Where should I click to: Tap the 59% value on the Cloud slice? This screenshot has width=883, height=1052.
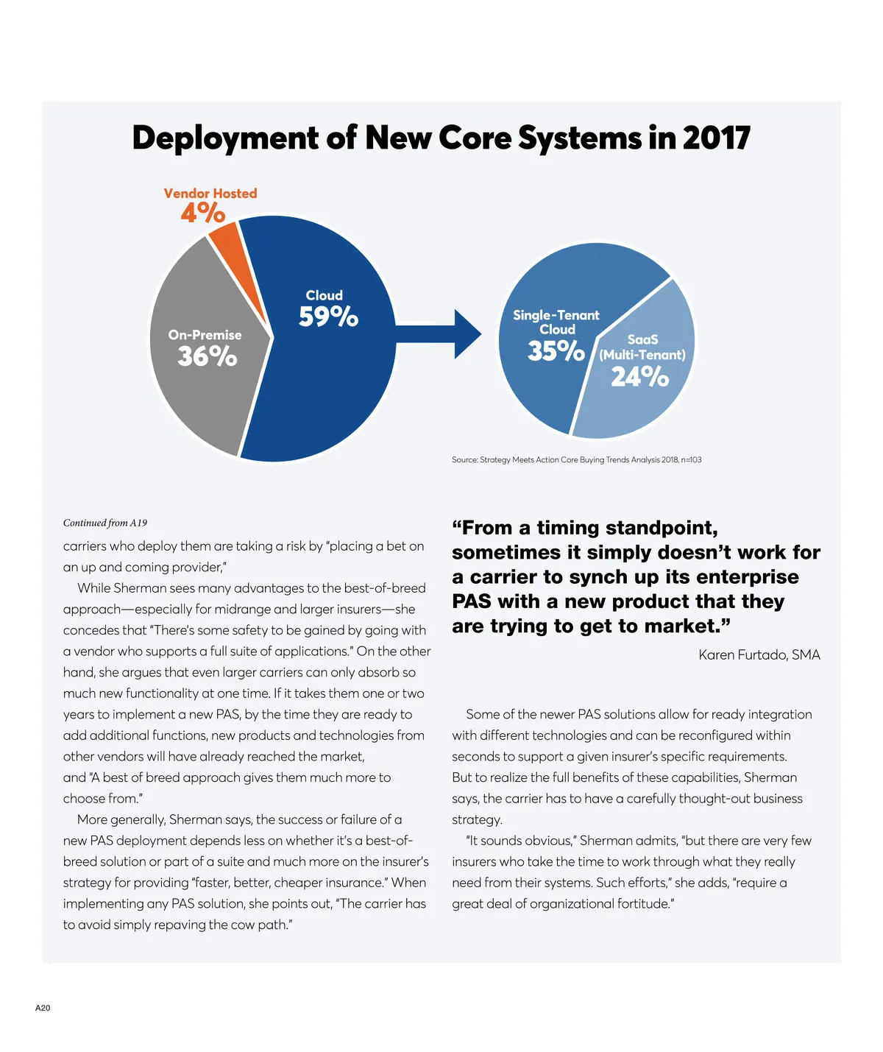click(x=328, y=317)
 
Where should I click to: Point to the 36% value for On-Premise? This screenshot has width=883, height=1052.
click(x=207, y=356)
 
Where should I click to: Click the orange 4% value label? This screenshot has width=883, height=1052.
click(x=202, y=213)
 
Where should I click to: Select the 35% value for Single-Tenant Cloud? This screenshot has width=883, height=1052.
click(x=556, y=350)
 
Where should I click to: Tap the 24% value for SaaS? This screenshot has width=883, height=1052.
click(x=639, y=377)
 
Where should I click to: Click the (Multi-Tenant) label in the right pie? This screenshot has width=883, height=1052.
click(x=642, y=355)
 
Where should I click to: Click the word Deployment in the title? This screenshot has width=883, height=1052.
click(x=224, y=138)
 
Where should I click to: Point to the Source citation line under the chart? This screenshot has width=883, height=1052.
click(x=576, y=459)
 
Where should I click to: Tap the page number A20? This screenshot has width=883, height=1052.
click(x=43, y=1008)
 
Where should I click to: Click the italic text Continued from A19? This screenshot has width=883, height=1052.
click(x=105, y=523)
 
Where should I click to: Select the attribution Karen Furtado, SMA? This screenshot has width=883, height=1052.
click(x=759, y=654)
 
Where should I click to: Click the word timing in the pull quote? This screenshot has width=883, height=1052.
click(x=567, y=528)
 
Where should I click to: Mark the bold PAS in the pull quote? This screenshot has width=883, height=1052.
click(x=472, y=601)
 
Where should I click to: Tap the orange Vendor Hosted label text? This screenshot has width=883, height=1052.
click(x=210, y=193)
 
